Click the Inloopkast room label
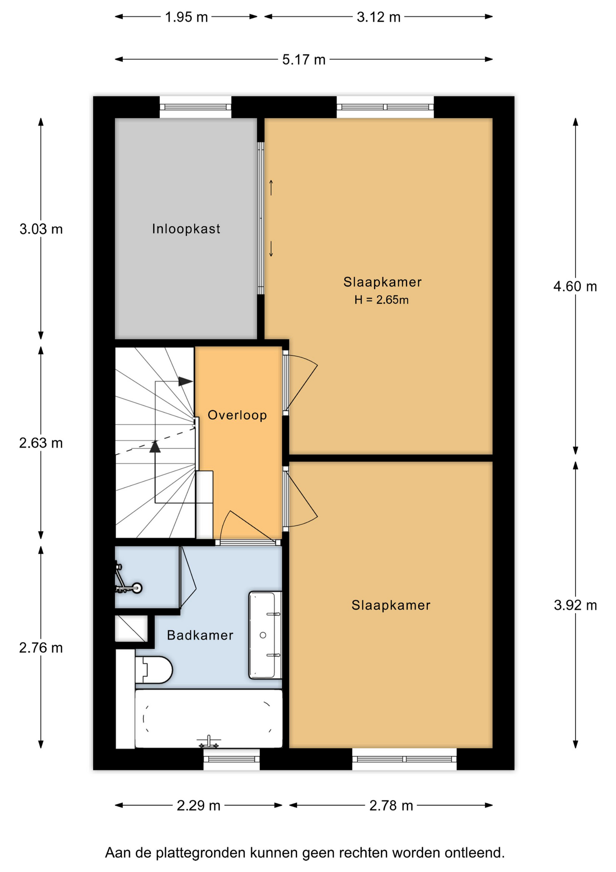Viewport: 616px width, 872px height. (x=186, y=228)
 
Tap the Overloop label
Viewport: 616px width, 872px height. (x=237, y=415)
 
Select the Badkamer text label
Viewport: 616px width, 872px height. (x=200, y=635)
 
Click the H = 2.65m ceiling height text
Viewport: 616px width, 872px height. (x=381, y=300)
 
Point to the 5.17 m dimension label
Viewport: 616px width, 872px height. (x=304, y=59)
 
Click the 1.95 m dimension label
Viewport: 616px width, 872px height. (x=186, y=17)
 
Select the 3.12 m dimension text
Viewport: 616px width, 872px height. (x=379, y=17)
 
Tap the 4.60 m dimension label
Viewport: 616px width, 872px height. (x=575, y=287)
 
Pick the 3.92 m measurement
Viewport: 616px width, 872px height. (x=575, y=605)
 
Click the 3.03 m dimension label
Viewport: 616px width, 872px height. (x=41, y=229)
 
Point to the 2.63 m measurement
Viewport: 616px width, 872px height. (x=41, y=443)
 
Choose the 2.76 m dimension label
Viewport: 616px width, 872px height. (x=41, y=648)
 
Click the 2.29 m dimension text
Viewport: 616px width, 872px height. (x=199, y=806)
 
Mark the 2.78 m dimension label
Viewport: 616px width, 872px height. (x=391, y=806)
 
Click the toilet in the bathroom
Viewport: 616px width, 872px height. (x=154, y=669)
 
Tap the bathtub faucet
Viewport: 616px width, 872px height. (x=209, y=742)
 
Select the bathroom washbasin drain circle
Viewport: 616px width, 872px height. (x=263, y=635)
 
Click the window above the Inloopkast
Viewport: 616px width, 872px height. (x=196, y=107)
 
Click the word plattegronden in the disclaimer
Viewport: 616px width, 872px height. (x=201, y=853)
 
